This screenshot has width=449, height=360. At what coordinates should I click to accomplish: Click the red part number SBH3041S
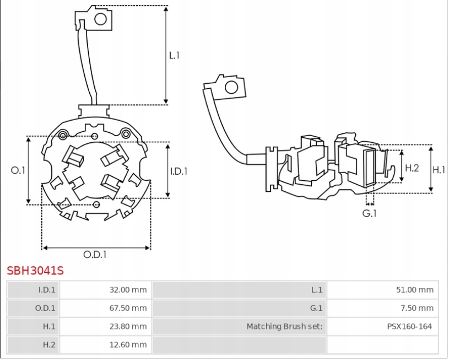(x=35, y=271)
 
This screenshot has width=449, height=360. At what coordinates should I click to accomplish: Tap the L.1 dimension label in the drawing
(x=174, y=55)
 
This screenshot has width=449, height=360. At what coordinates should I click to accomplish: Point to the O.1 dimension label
(x=18, y=170)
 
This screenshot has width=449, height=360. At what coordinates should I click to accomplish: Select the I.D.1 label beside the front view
(x=178, y=171)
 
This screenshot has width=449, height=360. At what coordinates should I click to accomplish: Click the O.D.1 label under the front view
(x=95, y=254)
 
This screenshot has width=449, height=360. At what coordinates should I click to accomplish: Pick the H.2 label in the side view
(x=412, y=168)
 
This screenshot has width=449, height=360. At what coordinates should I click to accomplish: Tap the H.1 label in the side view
(x=439, y=170)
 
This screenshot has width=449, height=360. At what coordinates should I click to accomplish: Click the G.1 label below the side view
(x=369, y=213)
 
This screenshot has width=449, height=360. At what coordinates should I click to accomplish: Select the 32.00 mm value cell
(x=128, y=289)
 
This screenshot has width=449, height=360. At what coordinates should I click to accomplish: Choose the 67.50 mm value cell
(x=128, y=308)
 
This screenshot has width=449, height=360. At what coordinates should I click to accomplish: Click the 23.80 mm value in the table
(x=128, y=326)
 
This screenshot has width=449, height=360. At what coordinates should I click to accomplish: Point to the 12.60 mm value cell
(x=128, y=345)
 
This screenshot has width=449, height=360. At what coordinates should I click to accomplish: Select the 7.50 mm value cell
(x=416, y=308)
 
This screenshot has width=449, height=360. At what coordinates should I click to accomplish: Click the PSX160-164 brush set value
(x=409, y=326)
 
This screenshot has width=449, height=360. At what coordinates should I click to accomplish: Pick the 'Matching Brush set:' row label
(x=284, y=326)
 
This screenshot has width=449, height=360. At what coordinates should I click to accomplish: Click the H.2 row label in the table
(x=49, y=345)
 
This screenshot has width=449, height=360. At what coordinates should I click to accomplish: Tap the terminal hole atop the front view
(x=101, y=19)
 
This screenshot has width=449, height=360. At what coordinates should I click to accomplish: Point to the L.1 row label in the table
(x=317, y=289)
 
